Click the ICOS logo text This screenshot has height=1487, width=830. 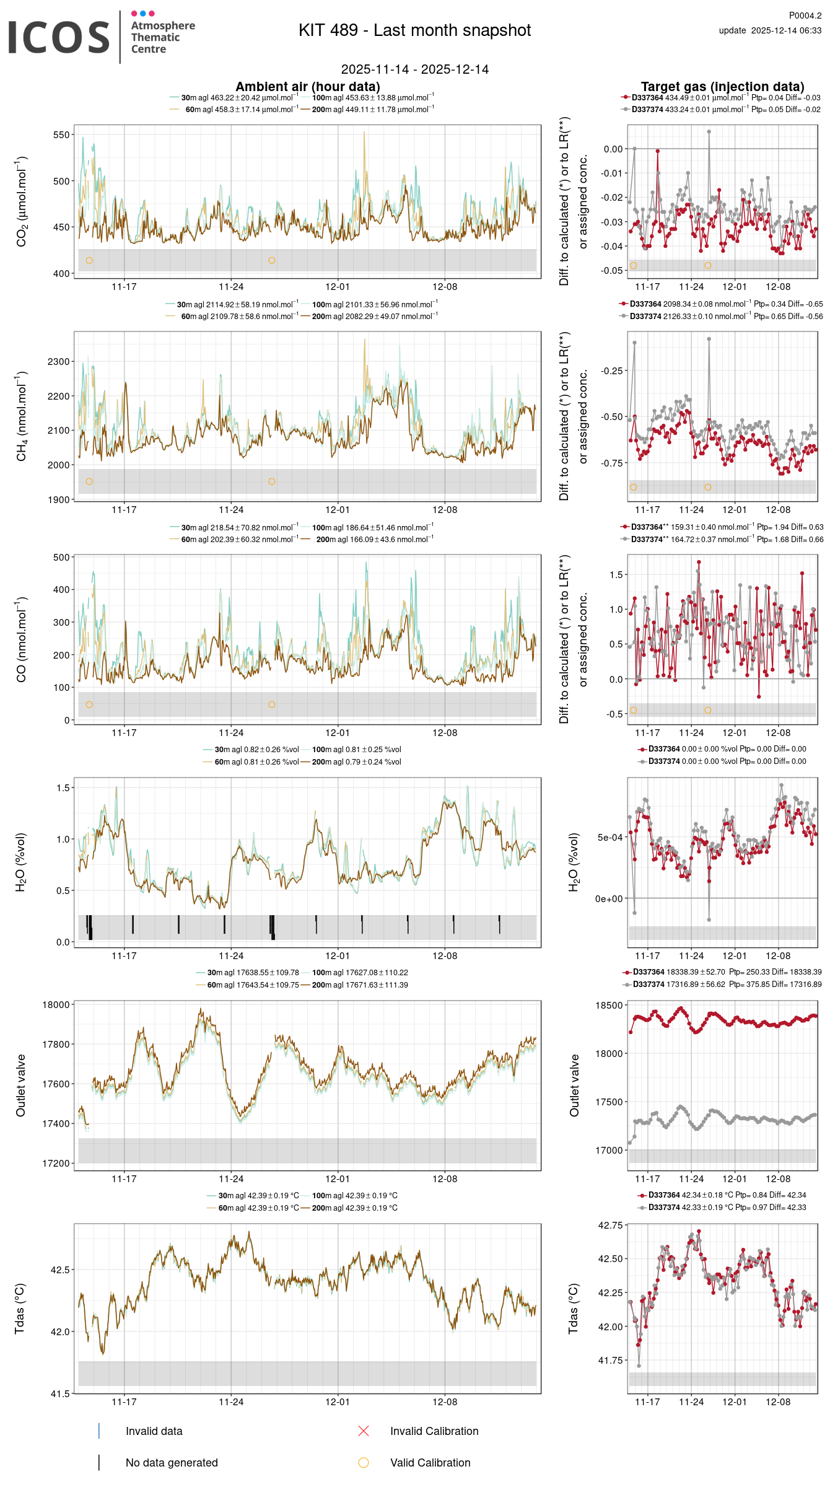[59, 37]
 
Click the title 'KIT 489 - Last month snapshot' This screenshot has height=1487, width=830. [414, 30]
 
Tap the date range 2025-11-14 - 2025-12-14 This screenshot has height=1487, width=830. [414, 69]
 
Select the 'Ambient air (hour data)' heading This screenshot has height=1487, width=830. [307, 87]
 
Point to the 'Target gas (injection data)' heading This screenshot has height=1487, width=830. [722, 87]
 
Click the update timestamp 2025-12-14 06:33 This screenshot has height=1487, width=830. [770, 30]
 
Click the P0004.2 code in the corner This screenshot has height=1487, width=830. [805, 15]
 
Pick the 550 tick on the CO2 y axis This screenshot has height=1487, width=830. [61, 134]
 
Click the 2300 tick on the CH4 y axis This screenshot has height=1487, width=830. [59, 361]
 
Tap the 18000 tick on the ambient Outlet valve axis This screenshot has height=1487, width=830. [56, 1005]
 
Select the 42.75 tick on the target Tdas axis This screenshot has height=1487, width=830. [610, 1226]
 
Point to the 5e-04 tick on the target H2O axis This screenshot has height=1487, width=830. [609, 838]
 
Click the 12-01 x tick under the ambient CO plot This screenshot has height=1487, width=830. [338, 733]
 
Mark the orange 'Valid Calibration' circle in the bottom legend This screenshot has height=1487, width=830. [364, 1463]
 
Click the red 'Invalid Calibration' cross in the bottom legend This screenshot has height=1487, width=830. [364, 1431]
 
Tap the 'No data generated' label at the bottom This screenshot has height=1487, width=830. [172, 1463]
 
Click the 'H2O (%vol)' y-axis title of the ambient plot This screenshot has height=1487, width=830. [21, 862]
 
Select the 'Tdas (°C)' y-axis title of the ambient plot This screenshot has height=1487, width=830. [20, 1309]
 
